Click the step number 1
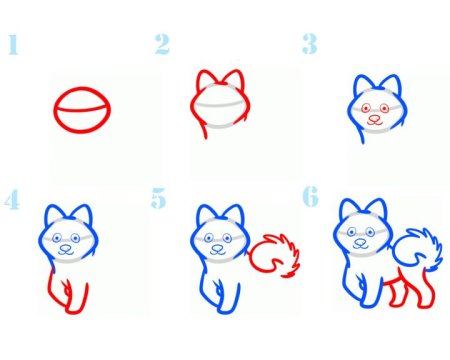[13, 44]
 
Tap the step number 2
[162, 44]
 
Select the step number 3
[309, 44]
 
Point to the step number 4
[12, 200]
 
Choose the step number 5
[158, 198]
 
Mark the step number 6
[310, 197]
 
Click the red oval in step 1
[82, 88]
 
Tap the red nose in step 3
[374, 118]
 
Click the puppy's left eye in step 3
[366, 108]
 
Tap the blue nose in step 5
[217, 248]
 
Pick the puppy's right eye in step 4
[75, 238]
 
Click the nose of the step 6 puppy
[360, 242]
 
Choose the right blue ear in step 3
[392, 83]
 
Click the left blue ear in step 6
[349, 207]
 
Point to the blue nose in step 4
[65, 248]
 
